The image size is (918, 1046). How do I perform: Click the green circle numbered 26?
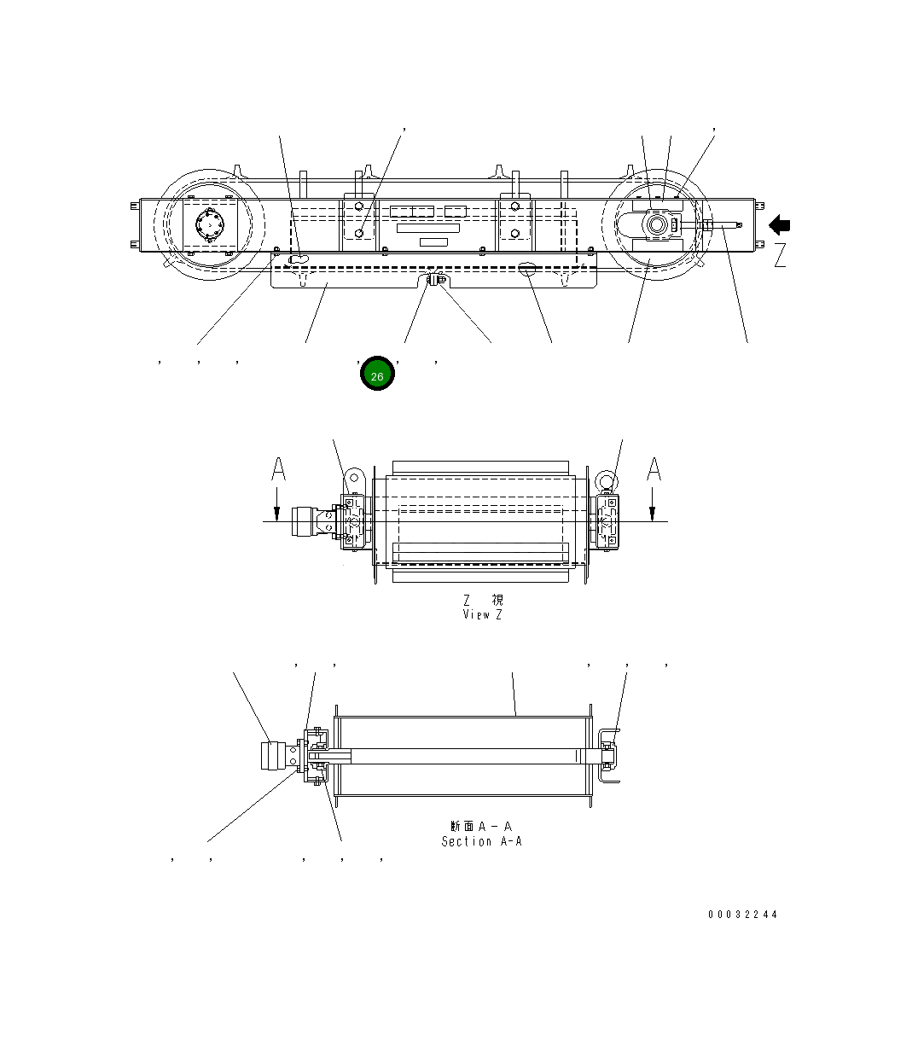[x=377, y=374]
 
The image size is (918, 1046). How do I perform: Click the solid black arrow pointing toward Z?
[x=779, y=225]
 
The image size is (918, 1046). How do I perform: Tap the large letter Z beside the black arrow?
[x=780, y=255]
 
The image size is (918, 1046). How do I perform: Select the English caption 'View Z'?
[x=482, y=614]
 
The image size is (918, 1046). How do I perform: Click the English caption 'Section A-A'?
[x=481, y=841]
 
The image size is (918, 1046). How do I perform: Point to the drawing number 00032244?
[x=742, y=915]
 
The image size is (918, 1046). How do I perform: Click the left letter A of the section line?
[x=278, y=469]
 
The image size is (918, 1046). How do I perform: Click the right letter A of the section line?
[x=654, y=469]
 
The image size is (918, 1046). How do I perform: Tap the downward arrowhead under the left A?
[x=278, y=513]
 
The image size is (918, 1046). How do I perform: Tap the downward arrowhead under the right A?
[x=653, y=513]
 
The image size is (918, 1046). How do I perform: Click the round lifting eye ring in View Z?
[x=606, y=479]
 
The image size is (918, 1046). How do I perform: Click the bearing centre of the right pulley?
[x=658, y=226]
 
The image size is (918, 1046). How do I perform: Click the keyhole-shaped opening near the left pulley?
[x=298, y=258]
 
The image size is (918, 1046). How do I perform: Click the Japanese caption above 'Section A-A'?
[x=481, y=826]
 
